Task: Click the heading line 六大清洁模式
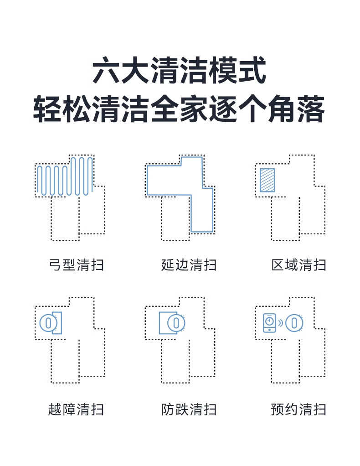coord(180,71)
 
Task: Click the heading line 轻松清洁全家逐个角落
coord(180,109)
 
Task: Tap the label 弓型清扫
coord(76,264)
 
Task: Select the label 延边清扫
coord(189,264)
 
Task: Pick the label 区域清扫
coord(299,264)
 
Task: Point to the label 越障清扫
coord(76,409)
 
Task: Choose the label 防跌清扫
coord(189,409)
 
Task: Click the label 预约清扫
coord(299,409)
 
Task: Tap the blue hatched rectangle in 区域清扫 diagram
coord(267,180)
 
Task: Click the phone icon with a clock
coord(270,323)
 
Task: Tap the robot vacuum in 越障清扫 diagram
coord(47,323)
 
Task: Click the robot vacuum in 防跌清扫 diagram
coord(175,323)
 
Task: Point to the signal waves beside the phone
coord(281,323)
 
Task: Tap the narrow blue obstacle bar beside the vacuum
coord(57,323)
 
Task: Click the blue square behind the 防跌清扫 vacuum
coord(163,323)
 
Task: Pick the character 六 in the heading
coord(103,71)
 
